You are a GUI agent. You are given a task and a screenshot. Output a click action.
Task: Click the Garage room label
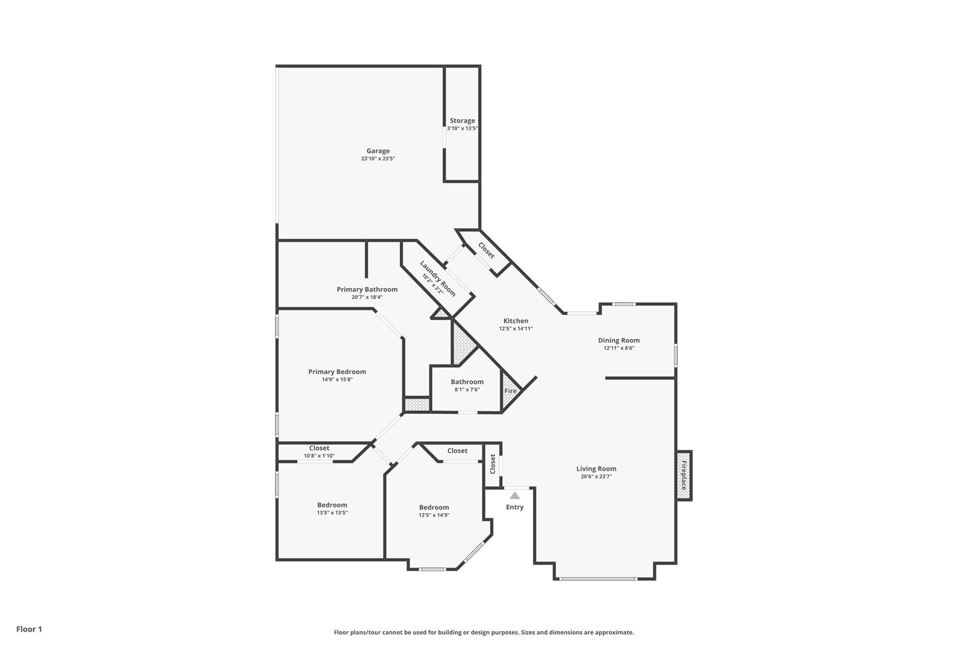(x=378, y=151)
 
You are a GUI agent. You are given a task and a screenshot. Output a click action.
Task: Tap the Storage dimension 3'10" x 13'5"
(x=462, y=129)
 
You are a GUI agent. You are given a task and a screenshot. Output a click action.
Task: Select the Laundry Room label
(x=438, y=278)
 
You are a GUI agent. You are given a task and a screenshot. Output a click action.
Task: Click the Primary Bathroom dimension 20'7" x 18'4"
(x=367, y=297)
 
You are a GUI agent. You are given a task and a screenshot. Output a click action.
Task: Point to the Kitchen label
(x=516, y=321)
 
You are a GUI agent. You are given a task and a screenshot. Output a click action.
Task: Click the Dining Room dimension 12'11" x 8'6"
(x=619, y=348)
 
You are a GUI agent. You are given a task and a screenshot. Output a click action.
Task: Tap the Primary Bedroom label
(x=337, y=372)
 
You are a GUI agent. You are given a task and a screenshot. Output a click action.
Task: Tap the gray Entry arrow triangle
(x=515, y=496)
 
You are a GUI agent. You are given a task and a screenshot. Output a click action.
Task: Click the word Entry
(x=515, y=507)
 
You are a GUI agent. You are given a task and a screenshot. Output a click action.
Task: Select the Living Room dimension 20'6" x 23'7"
(x=596, y=476)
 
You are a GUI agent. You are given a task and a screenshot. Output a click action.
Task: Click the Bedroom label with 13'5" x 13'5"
(x=332, y=505)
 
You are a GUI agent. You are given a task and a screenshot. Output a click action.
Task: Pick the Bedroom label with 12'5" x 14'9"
(x=433, y=507)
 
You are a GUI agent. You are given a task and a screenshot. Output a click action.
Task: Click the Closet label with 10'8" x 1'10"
(x=319, y=448)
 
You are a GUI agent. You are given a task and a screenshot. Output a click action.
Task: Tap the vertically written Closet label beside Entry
(x=493, y=464)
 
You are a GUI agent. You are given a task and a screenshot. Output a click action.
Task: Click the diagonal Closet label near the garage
(x=486, y=250)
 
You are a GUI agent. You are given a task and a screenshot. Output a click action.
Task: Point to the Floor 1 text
(x=29, y=629)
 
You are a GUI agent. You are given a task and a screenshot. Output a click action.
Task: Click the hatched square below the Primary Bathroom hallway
(x=417, y=404)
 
